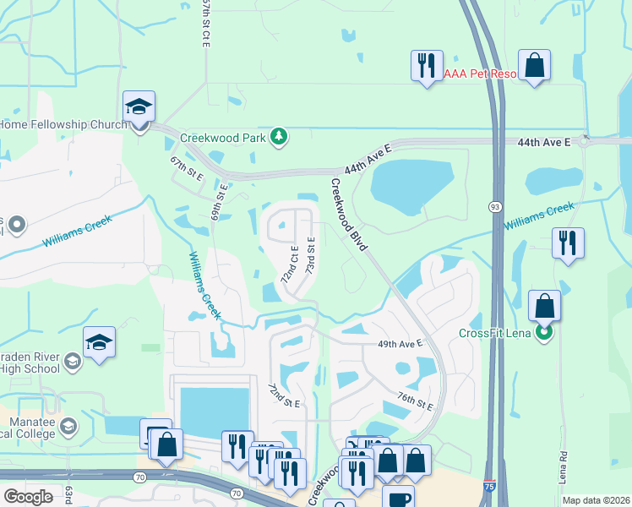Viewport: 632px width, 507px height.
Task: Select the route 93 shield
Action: coord(494,207)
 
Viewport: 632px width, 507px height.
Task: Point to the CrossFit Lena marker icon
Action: coord(545,332)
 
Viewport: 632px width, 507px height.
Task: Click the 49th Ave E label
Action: coord(400,344)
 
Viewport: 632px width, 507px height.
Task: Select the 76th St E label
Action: coord(415,400)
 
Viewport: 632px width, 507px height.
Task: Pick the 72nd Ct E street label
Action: coord(289,264)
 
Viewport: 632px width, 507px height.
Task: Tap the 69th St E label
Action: coord(218,199)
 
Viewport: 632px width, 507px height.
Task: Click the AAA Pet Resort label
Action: coord(479,74)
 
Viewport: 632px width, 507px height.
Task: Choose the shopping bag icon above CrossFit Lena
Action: coord(545,305)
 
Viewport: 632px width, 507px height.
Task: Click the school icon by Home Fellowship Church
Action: coord(139,107)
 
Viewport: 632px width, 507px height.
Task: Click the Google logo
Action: coord(28,496)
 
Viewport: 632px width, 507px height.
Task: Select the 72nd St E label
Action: coord(284,395)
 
